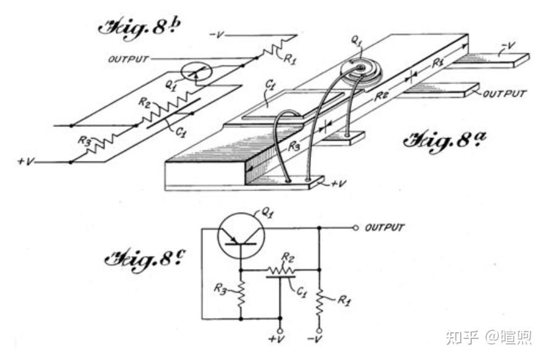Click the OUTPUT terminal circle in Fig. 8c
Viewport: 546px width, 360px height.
[x=355, y=228]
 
